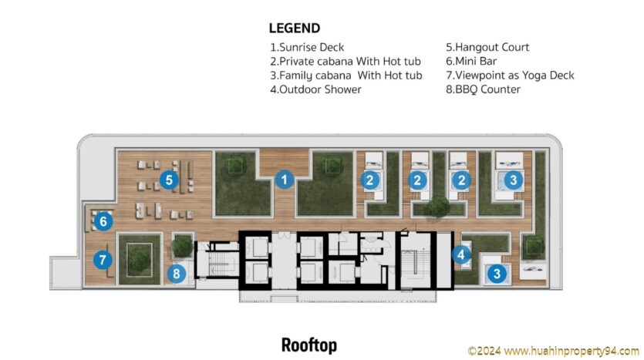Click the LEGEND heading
click(x=295, y=29)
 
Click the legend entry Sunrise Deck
click(x=307, y=47)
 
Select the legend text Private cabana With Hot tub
click(x=346, y=61)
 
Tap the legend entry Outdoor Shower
click(x=315, y=89)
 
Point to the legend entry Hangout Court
click(x=487, y=47)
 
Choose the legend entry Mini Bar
click(x=471, y=61)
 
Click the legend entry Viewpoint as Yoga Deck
click(x=510, y=75)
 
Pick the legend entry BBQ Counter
click(x=483, y=89)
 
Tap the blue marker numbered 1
click(x=285, y=180)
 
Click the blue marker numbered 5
click(x=169, y=180)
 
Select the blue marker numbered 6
click(x=103, y=221)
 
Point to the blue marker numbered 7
click(x=103, y=260)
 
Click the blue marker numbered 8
click(x=177, y=274)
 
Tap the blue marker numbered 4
click(x=461, y=255)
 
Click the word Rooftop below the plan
click(x=309, y=345)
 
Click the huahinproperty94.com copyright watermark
click(x=554, y=351)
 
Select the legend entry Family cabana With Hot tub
click(x=346, y=76)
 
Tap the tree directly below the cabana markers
click(x=439, y=207)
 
